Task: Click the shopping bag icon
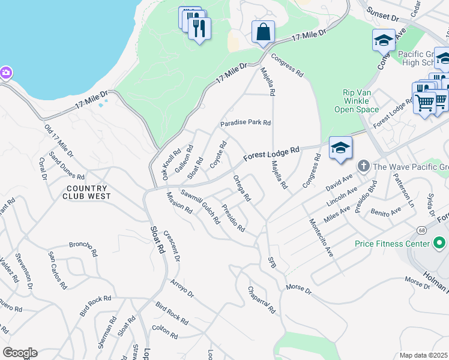pos(264,32)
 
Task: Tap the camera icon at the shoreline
pos(5,73)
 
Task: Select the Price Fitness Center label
pos(392,244)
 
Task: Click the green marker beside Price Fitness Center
pos(439,243)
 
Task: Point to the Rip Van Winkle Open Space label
pos(360,101)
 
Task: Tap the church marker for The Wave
pos(363,166)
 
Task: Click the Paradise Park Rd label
pos(246,123)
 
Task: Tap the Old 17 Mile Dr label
pos(59,141)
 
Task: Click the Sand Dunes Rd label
pos(67,166)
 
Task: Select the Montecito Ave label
pos(321,237)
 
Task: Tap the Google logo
pos(20,353)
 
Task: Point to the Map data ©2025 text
pos(424,355)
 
